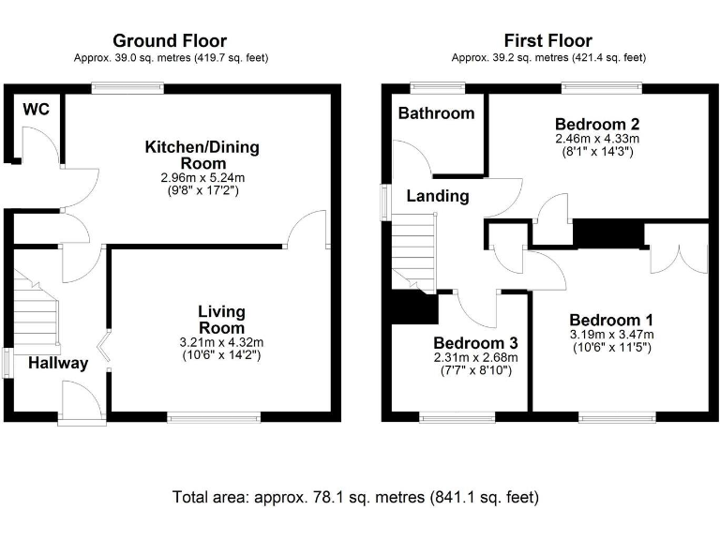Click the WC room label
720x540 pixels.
[36, 110]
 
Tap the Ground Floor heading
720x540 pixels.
[170, 41]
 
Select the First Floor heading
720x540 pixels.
[548, 41]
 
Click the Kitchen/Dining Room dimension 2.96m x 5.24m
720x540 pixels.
[202, 177]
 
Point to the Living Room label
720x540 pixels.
[221, 320]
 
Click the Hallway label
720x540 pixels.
[58, 363]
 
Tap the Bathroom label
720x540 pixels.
[436, 112]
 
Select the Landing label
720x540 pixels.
[438, 196]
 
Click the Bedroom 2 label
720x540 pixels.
[597, 124]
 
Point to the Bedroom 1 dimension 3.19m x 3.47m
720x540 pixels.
[611, 335]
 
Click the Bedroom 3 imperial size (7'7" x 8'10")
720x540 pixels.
[475, 370]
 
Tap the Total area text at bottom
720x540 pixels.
[355, 497]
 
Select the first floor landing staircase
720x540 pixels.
[413, 252]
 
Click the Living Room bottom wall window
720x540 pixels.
[214, 417]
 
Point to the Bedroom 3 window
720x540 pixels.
[457, 417]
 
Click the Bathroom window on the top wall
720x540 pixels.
[437, 88]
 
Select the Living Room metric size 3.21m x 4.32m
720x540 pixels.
[221, 342]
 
